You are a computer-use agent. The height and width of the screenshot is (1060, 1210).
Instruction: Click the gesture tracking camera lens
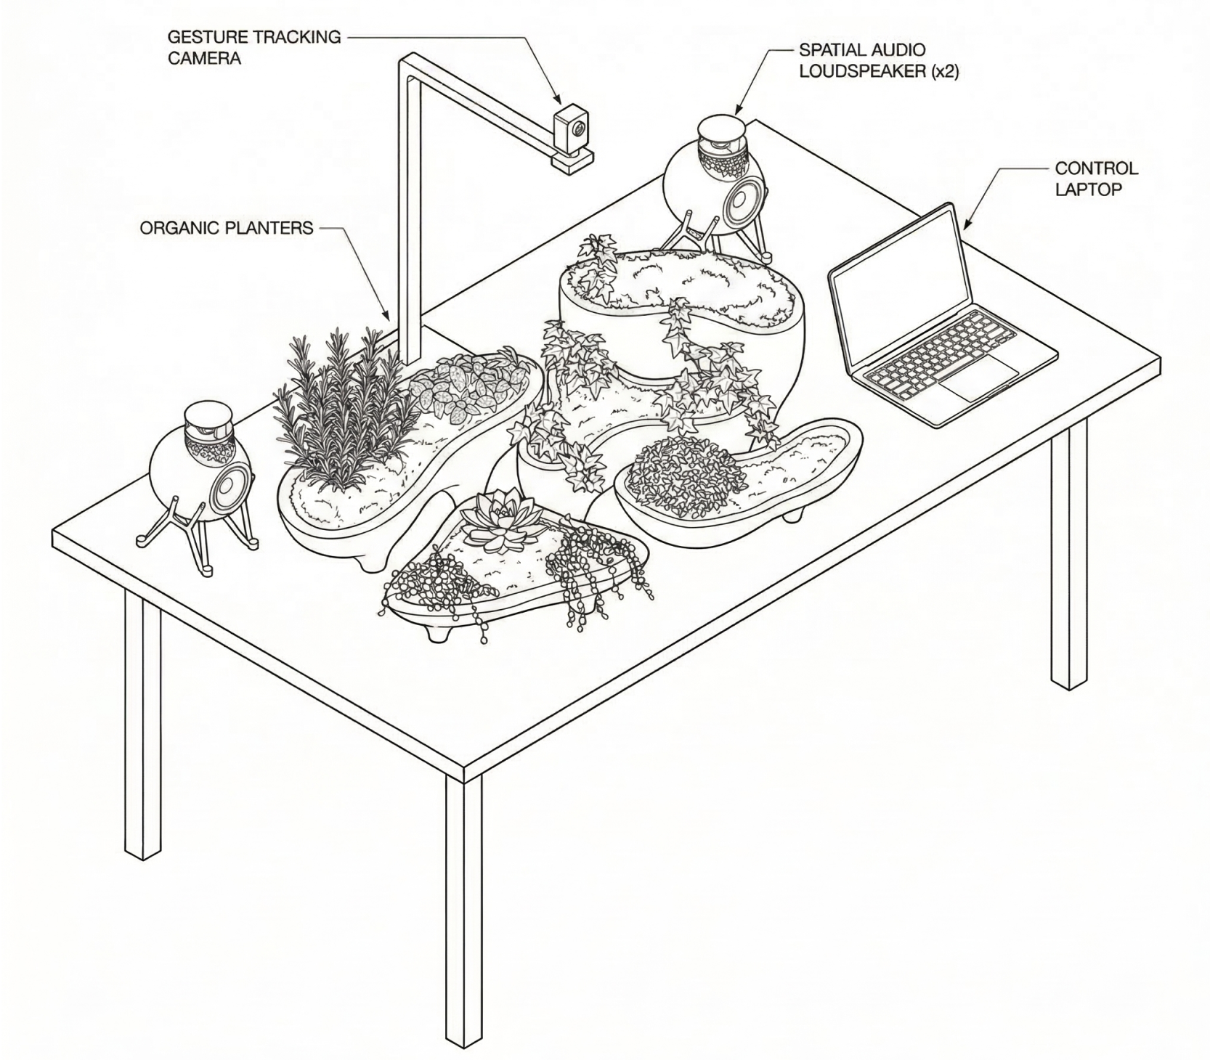tap(577, 128)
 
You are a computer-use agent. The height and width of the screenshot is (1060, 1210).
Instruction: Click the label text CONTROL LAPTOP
tap(1096, 179)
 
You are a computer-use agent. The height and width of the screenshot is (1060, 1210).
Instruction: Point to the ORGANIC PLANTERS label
tap(227, 228)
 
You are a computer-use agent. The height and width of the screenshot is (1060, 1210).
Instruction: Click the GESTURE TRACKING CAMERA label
tap(254, 47)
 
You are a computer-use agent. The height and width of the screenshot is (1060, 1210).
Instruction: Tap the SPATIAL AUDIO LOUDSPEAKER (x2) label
tap(879, 60)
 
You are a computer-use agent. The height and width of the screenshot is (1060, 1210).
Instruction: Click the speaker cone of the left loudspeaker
tap(230, 485)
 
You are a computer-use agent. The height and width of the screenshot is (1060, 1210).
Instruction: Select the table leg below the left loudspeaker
tap(143, 722)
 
